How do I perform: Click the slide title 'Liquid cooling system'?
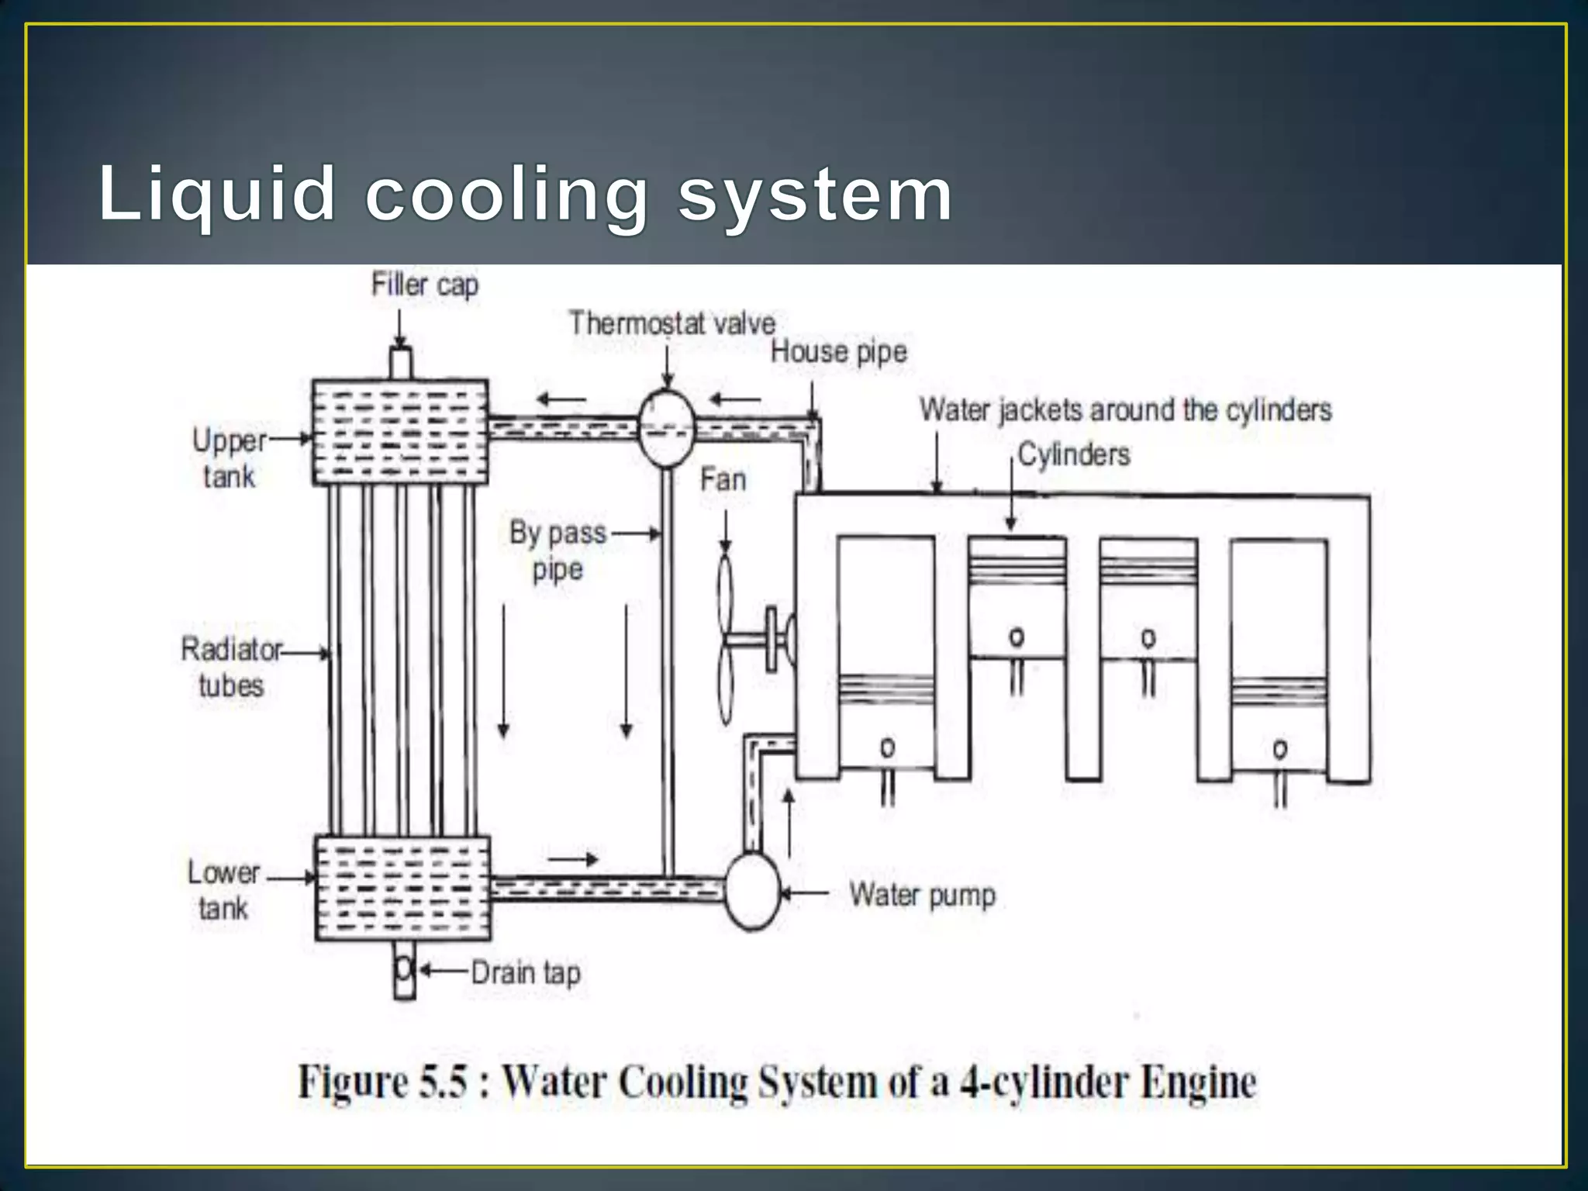(525, 194)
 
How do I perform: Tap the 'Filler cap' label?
(425, 285)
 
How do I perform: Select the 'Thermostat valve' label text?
(671, 323)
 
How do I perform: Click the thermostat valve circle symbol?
(666, 429)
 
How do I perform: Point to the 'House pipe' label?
(838, 352)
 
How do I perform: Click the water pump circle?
(751, 892)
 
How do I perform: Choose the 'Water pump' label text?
(922, 895)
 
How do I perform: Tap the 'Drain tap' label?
(526, 972)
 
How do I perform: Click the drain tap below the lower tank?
(404, 969)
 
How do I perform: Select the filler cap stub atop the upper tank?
(400, 363)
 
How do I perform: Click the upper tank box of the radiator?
(400, 432)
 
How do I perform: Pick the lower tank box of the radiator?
(402, 889)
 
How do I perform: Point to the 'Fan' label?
(723, 479)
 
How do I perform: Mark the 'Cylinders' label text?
(1073, 454)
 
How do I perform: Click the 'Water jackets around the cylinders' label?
(1125, 409)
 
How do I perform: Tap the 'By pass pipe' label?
(558, 551)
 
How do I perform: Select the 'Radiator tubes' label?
(231, 667)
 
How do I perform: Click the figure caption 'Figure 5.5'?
(777, 1082)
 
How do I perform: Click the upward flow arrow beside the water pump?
(789, 822)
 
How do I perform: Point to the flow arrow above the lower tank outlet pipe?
(573, 859)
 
